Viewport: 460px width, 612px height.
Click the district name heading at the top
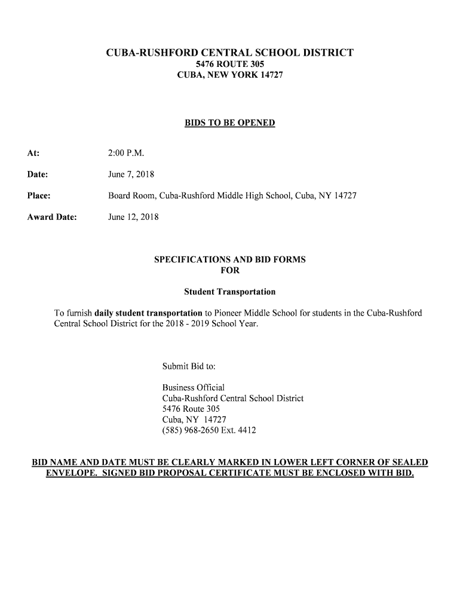click(x=230, y=53)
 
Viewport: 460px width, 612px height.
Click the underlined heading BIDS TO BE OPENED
click(x=230, y=123)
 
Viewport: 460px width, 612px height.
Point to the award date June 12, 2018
click(x=133, y=217)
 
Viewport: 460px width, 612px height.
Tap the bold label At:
click(x=33, y=154)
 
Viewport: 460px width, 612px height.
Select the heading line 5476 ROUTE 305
click(x=230, y=65)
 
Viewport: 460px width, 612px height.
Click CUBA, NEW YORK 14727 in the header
click(x=230, y=76)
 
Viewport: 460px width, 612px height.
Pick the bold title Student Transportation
click(x=230, y=292)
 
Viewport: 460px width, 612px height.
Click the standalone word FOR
click(x=230, y=271)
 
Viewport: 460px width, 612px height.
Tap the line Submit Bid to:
click(x=189, y=366)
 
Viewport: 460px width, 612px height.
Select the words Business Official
click(x=194, y=387)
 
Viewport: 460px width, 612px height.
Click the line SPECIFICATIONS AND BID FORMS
click(x=230, y=260)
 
